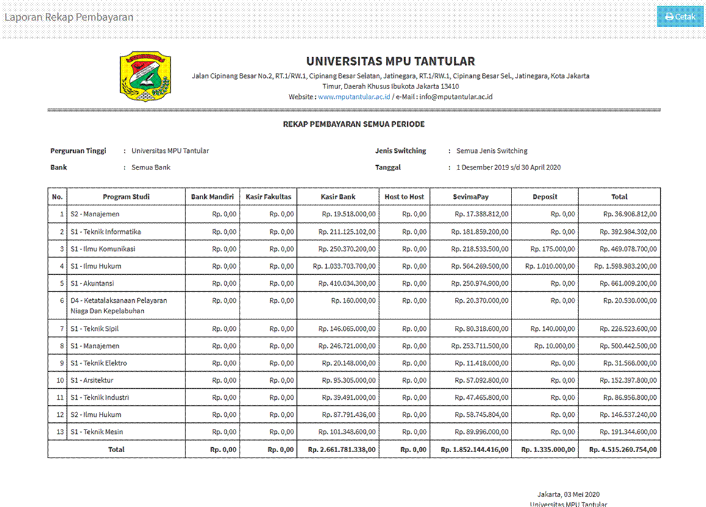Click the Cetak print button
coord(680,16)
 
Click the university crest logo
coord(145,76)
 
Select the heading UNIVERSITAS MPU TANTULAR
coord(390,61)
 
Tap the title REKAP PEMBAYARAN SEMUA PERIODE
coord(354,124)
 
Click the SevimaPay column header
coord(471,197)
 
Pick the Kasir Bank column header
coord(338,197)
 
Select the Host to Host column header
coord(404,197)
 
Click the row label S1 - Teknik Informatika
coord(105,232)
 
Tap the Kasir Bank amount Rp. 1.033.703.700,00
coord(344,266)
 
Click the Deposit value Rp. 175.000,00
coord(552,249)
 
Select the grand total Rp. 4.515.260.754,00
coord(623,450)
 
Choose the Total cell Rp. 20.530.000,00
coord(630,301)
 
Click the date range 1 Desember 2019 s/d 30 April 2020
coord(508,168)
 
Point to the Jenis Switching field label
coord(401,151)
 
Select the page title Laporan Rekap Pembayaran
coord(69,17)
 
